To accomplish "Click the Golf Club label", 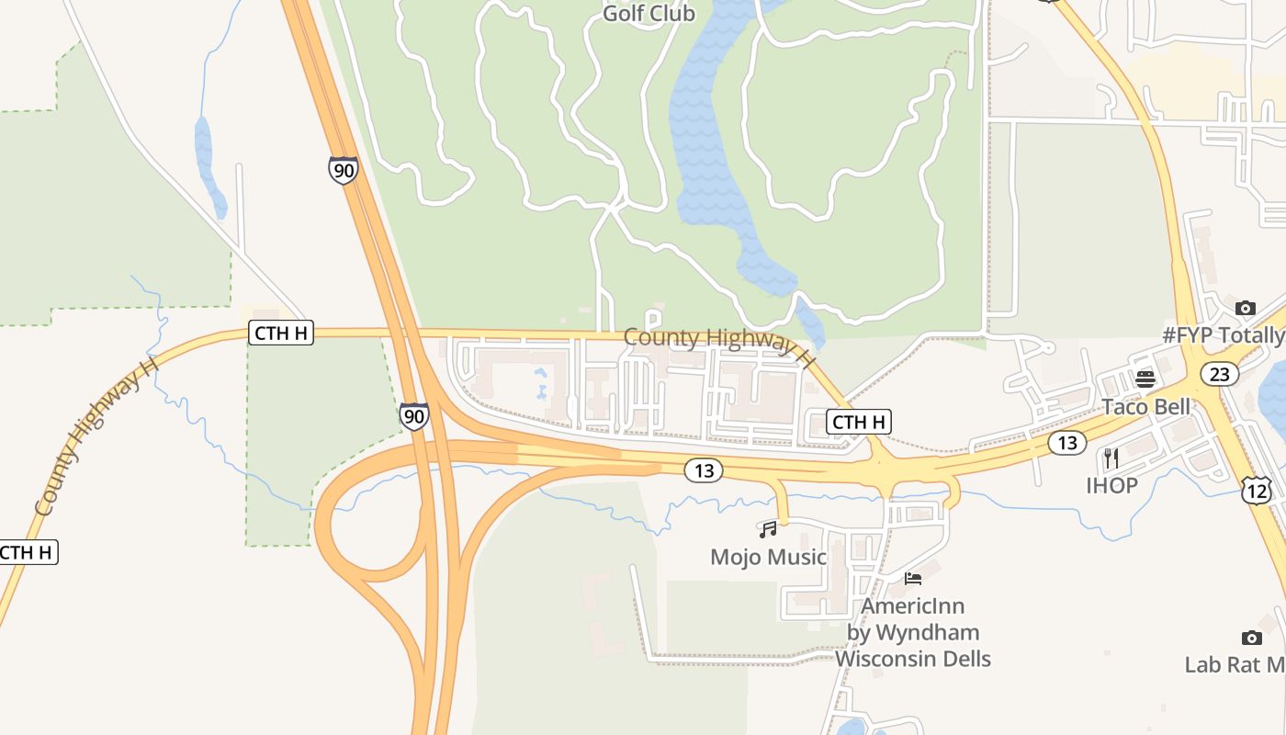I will click(x=649, y=14).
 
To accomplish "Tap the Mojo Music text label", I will click(x=768, y=557).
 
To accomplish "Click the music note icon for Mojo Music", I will click(x=768, y=529).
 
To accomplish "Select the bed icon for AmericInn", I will click(x=913, y=579).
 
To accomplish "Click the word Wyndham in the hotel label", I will click(x=926, y=632).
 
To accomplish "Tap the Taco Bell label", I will click(x=1145, y=406).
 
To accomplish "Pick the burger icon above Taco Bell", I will click(x=1145, y=379).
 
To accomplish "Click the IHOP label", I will click(x=1111, y=485).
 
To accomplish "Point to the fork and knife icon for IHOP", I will click(x=1111, y=458).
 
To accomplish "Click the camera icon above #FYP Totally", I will click(x=1246, y=308).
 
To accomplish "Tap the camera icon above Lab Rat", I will click(x=1251, y=638).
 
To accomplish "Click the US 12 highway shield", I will click(x=1256, y=490).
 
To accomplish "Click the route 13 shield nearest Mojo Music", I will click(x=704, y=471).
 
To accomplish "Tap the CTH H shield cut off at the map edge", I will click(x=28, y=552).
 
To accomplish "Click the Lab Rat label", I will click(x=1234, y=664).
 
